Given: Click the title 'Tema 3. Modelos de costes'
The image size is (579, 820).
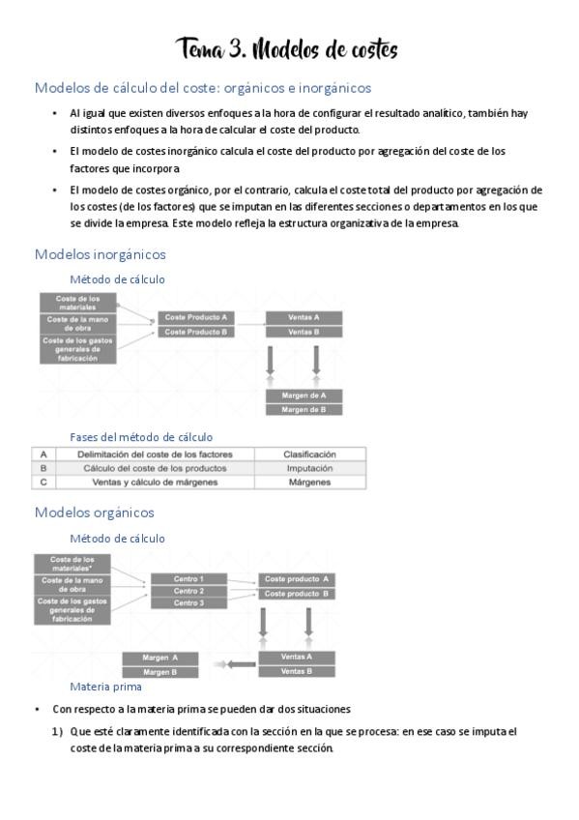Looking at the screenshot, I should (287, 48).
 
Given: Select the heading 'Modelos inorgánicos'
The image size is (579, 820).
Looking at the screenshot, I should (101, 254).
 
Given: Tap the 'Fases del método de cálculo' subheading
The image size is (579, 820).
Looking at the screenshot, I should (141, 437).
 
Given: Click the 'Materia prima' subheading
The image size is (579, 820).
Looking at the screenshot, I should (106, 687).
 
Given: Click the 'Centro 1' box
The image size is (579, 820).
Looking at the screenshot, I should (188, 578).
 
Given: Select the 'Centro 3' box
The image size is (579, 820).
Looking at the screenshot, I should (188, 602).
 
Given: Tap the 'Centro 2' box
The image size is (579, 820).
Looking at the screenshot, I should (188, 591).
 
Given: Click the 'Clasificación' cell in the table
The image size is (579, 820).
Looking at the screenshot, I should (309, 454).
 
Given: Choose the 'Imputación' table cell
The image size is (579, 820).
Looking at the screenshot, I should (309, 467).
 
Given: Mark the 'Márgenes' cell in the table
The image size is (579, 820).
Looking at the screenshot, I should (309, 482).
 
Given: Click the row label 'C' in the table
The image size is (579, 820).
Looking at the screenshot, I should (43, 482).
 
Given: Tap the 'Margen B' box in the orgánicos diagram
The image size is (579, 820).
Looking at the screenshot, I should (160, 671).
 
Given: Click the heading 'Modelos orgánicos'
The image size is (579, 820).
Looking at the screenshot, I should (95, 512).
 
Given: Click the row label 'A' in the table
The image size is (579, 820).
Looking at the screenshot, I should (43, 454).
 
